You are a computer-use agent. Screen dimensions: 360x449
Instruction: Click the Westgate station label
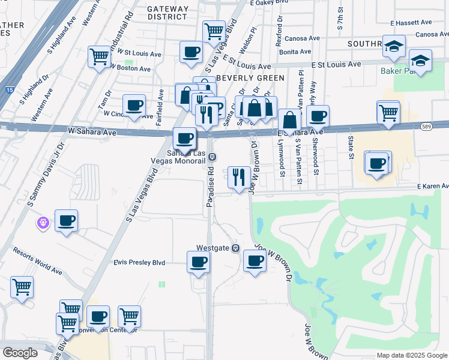pos(213,248)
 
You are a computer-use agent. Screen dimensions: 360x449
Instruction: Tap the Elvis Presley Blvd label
pos(139,262)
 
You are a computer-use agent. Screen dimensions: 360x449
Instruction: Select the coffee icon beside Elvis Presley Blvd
pos(198,262)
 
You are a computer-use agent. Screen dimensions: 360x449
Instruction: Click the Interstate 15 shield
pos(8,90)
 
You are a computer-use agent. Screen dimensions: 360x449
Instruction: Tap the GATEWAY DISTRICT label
pos(167,13)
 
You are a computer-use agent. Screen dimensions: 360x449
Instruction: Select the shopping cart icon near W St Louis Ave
pos(99,57)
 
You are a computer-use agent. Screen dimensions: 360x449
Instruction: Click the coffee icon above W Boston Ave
pos(191,52)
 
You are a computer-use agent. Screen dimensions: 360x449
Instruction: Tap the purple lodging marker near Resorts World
pos(41,223)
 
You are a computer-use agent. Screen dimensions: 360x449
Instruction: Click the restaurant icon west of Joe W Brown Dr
pos(239,177)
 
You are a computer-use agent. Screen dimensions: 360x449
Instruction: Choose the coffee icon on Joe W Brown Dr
pos(255,261)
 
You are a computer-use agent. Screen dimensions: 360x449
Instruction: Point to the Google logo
pos(20,353)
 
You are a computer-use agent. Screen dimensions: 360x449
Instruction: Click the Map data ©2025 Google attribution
pos(412,355)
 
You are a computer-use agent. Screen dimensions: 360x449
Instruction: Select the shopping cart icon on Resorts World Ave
pos(22,287)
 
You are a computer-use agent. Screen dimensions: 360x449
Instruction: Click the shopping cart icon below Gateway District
pos(214,31)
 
